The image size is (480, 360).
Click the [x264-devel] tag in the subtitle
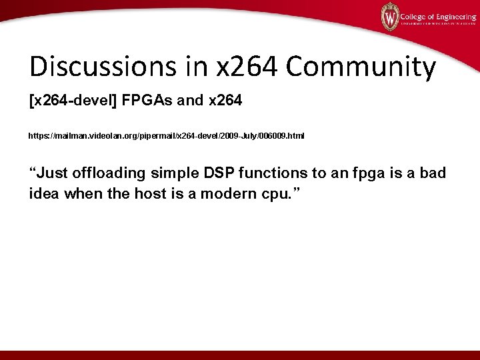[x=73, y=102]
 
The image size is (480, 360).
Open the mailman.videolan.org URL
[x=166, y=136]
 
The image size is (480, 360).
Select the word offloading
[x=109, y=174]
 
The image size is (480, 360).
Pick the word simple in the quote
[x=175, y=174]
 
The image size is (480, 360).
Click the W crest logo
[x=389, y=16]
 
